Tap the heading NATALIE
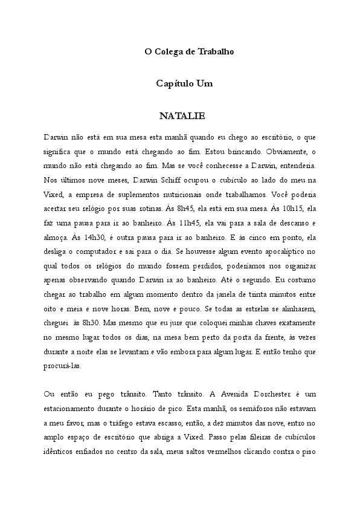click(x=182, y=115)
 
